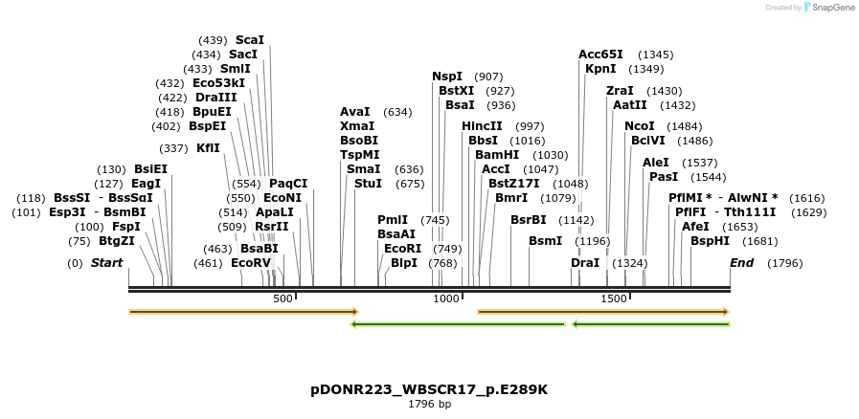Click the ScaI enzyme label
tap(249, 40)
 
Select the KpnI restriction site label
tap(600, 69)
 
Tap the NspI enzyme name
tap(447, 77)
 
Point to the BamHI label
tap(496, 155)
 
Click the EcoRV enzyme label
tap(251, 263)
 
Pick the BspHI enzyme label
tap(710, 241)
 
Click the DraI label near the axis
tap(585, 263)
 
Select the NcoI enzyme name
tap(639, 126)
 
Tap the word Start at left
tap(106, 263)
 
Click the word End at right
tap(741, 263)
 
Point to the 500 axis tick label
tap(283, 299)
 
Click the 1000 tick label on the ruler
tap(447, 299)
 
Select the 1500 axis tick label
tap(613, 299)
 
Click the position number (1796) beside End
tap(785, 263)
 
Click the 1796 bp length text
tap(429, 405)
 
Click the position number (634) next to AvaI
tap(397, 112)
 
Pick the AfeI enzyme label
tap(695, 227)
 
